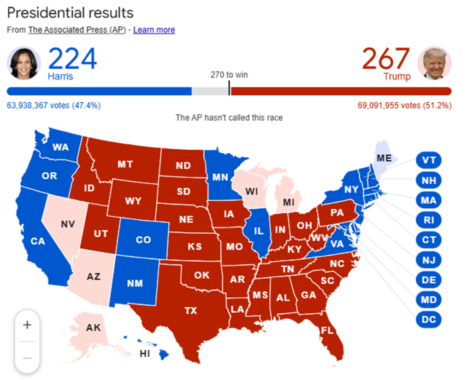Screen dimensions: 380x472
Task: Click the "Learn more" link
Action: pyautogui.click(x=154, y=30)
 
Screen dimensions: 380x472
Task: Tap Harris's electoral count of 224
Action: pyautogui.click(x=72, y=59)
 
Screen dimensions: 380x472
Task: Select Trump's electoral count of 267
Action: pyautogui.click(x=386, y=59)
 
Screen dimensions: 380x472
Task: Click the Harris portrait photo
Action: pyautogui.click(x=24, y=63)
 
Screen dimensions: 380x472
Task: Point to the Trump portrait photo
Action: pyautogui.click(x=434, y=63)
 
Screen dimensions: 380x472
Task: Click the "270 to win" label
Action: pyautogui.click(x=229, y=75)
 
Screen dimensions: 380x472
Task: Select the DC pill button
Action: pyautogui.click(x=429, y=319)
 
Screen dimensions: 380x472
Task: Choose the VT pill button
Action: pyautogui.click(x=429, y=160)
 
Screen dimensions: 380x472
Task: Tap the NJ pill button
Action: pyautogui.click(x=429, y=260)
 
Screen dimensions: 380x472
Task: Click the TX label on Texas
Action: pyautogui.click(x=191, y=311)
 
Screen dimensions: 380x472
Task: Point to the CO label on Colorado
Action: pyautogui.click(x=143, y=240)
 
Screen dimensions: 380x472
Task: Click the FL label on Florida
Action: pyautogui.click(x=328, y=330)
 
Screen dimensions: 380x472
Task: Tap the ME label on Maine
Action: pyautogui.click(x=384, y=158)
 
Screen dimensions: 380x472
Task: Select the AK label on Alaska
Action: pyautogui.click(x=94, y=328)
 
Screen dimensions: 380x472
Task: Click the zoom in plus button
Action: pyautogui.click(x=27, y=325)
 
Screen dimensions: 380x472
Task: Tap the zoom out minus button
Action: pyautogui.click(x=27, y=358)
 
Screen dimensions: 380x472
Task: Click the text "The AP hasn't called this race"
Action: pyautogui.click(x=229, y=117)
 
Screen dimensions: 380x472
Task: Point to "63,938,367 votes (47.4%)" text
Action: pyautogui.click(x=53, y=105)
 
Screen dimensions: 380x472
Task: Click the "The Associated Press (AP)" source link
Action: pyautogui.click(x=77, y=30)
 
